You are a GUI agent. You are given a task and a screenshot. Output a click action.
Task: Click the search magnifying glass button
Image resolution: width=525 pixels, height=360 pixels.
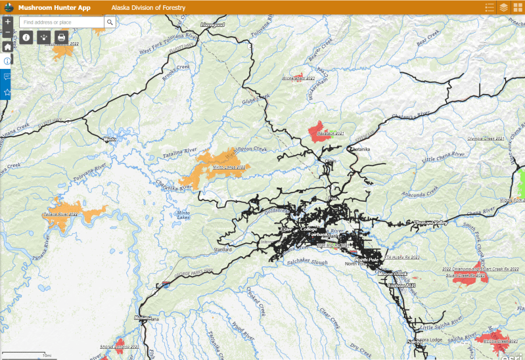tap(110, 22)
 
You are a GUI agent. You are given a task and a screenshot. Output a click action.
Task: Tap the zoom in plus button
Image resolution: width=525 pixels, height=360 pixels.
tap(7, 22)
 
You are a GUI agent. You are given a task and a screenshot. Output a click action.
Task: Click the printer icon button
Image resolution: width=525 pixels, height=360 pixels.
tap(61, 37)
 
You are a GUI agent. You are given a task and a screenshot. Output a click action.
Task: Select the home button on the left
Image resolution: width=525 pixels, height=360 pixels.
tap(7, 47)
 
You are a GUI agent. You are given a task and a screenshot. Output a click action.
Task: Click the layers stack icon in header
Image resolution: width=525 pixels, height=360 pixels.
tap(503, 7)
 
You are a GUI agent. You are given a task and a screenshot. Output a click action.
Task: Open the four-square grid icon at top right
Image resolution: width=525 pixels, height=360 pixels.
tap(518, 7)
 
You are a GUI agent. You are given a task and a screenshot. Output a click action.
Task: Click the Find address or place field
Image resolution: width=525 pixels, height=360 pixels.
tap(62, 22)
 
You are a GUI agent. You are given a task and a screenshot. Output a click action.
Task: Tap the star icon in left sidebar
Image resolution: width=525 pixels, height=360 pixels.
tap(7, 92)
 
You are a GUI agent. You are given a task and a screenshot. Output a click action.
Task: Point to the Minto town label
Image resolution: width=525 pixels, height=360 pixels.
tap(110, 139)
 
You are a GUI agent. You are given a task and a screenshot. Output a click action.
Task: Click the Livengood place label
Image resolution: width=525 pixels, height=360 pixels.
tap(212, 24)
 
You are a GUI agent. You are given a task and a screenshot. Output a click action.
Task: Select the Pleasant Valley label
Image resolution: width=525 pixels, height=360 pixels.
tap(431, 223)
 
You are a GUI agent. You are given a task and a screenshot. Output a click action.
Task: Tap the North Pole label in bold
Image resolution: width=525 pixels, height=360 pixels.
tap(367, 260)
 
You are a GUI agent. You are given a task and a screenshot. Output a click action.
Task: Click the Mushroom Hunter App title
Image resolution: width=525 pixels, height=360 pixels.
tap(54, 7)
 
